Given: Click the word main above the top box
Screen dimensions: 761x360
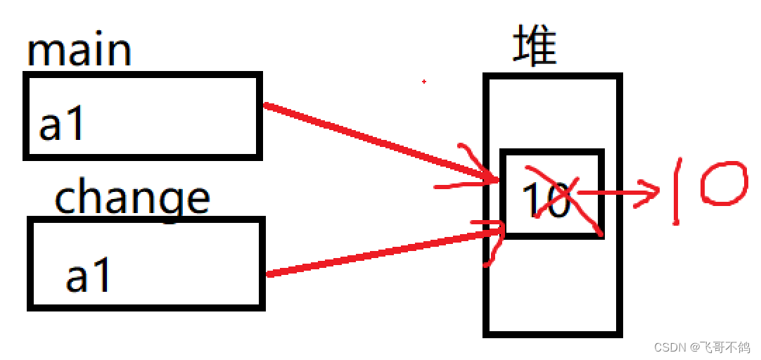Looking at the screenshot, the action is pos(79,51).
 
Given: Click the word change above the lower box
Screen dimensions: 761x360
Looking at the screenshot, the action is pos(132,198).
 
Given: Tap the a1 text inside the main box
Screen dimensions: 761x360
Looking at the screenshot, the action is pos(62,126).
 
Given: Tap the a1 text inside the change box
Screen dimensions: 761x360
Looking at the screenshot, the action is pos(89,276).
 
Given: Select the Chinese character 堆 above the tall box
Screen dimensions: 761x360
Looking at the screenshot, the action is pos(535,46).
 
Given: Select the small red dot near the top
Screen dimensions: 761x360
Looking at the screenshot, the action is pos(424,82).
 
